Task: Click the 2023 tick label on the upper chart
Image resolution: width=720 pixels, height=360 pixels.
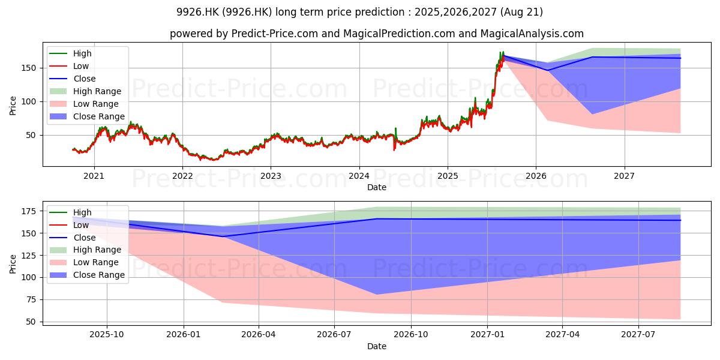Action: point(271,176)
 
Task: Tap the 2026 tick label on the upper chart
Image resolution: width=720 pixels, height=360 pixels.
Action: point(536,176)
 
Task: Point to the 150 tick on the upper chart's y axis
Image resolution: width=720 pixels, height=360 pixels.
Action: point(28,68)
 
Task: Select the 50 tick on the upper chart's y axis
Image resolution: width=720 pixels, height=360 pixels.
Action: point(31,136)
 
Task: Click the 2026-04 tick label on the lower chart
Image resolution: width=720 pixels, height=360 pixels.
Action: point(259,335)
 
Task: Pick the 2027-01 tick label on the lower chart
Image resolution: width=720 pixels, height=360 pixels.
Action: point(487,335)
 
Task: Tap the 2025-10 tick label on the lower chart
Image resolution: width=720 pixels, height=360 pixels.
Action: point(106,335)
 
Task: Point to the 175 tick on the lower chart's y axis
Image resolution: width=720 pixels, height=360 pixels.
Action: point(28,211)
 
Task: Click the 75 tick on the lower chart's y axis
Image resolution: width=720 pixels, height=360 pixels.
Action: point(31,299)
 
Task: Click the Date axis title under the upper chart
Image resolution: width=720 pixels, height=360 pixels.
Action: point(377,187)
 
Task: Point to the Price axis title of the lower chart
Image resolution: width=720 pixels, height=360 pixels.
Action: point(13,264)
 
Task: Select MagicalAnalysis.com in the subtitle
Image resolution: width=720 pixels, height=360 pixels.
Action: point(532,34)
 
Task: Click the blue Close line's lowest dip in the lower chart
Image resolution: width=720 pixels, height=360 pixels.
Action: point(223,236)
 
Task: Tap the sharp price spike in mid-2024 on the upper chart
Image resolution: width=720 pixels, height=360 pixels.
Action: point(395,128)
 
